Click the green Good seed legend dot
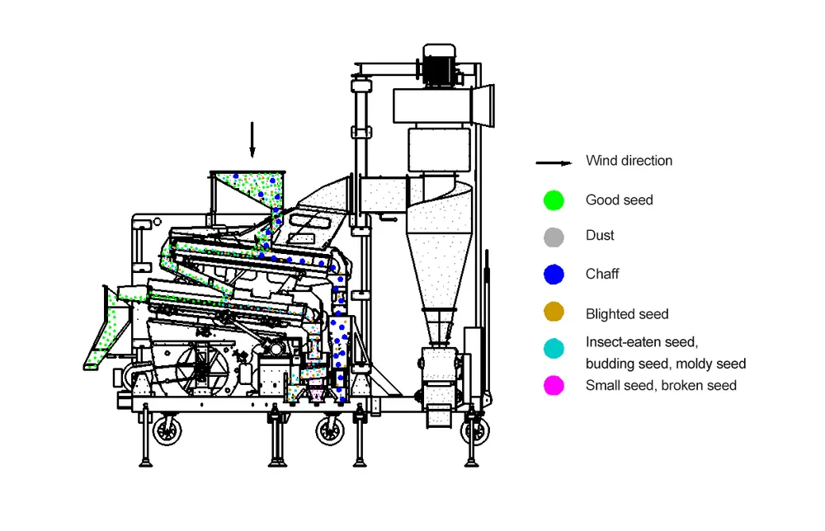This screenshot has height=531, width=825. pyautogui.click(x=554, y=200)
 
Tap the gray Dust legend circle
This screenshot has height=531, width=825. pyautogui.click(x=554, y=237)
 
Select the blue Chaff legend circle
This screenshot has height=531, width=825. pyautogui.click(x=554, y=274)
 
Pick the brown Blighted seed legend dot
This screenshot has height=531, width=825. pyautogui.click(x=554, y=312)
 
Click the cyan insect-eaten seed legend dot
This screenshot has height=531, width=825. pyautogui.click(x=554, y=349)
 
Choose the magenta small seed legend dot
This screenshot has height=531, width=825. pyautogui.click(x=554, y=384)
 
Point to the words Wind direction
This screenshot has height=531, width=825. pyautogui.click(x=629, y=161)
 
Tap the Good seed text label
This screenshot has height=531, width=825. pyautogui.click(x=619, y=200)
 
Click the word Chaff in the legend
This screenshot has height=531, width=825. pyautogui.click(x=602, y=274)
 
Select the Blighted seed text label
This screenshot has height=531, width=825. pyautogui.click(x=627, y=314)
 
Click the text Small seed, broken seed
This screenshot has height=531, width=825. pyautogui.click(x=661, y=385)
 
